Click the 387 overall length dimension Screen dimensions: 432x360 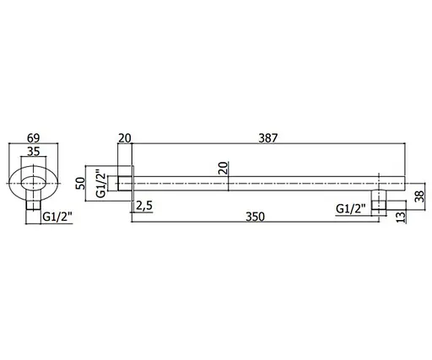pos(268,138)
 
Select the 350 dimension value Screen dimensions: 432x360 pos(256,217)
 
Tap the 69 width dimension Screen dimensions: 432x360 pos(34,138)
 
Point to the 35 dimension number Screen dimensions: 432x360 pos(34,152)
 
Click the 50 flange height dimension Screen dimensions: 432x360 pos(81,184)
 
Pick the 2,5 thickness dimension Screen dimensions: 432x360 pos(144,206)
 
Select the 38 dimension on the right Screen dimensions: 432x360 pos(418,196)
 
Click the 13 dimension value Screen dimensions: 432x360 pos(402,217)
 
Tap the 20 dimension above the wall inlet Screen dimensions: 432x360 pos(125,138)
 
